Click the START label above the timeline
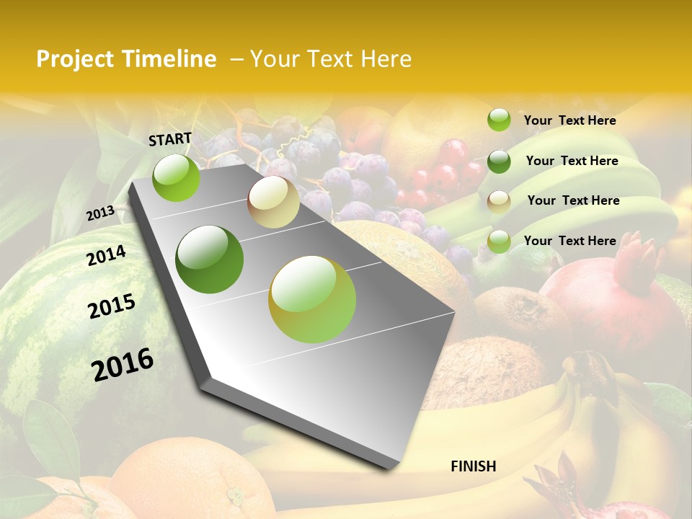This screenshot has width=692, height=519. click(x=170, y=139)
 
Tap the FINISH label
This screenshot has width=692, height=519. click(x=473, y=466)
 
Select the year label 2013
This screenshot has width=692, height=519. click(x=100, y=213)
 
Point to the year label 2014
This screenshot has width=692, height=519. click(x=106, y=255)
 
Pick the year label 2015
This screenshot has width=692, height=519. click(x=112, y=306)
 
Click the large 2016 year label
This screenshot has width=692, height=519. click(x=123, y=364)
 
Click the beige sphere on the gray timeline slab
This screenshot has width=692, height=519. click(x=273, y=202)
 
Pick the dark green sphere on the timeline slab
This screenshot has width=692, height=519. click(x=210, y=259)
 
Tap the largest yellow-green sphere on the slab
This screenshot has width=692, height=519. click(x=312, y=299)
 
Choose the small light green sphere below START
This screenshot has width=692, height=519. click(x=177, y=177)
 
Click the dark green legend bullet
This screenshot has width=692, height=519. click(x=499, y=161)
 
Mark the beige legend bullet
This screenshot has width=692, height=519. click(x=499, y=201)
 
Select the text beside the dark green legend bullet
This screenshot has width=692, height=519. click(x=572, y=161)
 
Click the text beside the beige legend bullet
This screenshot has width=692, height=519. click(x=573, y=200)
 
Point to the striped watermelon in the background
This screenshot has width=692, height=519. click(x=43, y=324)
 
